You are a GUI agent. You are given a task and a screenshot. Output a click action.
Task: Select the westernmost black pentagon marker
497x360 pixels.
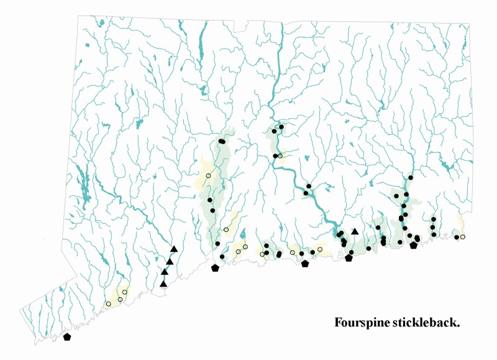point(67,337)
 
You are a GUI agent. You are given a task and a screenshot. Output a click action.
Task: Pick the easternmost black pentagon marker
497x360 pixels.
point(414,245)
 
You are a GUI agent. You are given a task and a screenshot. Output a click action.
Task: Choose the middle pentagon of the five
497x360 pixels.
point(304,264)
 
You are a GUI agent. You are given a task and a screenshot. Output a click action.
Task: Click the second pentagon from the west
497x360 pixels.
point(215,268)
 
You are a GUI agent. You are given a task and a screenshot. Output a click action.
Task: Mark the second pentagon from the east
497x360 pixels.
point(349,257)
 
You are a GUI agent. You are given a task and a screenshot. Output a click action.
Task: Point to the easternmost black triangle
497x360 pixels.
point(355,232)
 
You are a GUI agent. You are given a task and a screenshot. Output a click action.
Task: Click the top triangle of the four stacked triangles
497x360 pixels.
point(174,249)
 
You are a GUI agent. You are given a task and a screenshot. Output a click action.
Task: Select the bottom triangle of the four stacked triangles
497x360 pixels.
point(163,284)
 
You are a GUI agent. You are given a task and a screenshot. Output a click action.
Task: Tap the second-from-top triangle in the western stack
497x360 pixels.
point(170,262)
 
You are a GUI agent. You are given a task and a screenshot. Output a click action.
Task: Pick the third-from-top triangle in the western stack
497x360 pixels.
point(165,272)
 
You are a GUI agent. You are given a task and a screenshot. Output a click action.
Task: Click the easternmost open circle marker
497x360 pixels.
point(463,237)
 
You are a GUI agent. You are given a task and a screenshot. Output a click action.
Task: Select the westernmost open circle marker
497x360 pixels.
point(108,303)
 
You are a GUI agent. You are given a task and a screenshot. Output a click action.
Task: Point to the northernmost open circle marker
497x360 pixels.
point(280,155)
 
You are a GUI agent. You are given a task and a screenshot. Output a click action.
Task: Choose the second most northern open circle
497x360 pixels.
point(208,176)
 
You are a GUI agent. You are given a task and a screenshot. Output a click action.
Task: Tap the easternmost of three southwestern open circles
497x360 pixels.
point(125,292)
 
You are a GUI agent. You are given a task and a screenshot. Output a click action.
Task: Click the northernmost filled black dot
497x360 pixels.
point(281,127)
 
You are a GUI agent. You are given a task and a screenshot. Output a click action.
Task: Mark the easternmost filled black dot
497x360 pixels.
point(457,237)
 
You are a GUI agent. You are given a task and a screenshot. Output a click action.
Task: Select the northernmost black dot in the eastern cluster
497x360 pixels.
point(411,178)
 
